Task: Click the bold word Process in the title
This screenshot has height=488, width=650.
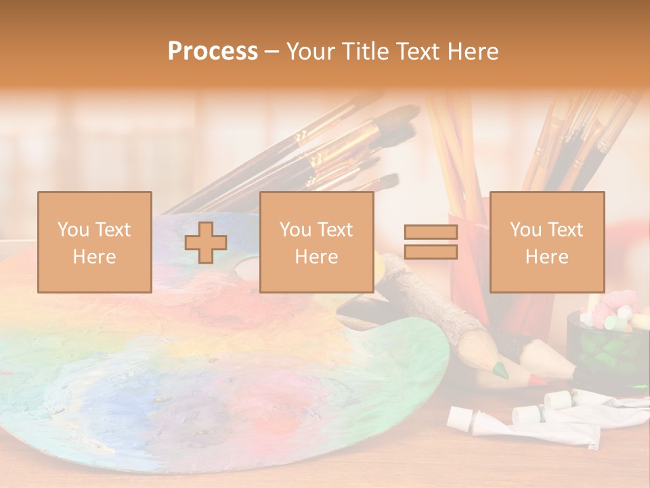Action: point(213,52)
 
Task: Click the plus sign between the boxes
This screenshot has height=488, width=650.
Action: point(206,242)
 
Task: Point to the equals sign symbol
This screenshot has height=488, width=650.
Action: point(431,242)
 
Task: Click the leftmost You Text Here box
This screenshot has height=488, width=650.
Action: point(95,242)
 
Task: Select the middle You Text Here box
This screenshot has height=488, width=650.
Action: point(316,242)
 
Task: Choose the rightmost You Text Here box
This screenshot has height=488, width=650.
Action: point(547,242)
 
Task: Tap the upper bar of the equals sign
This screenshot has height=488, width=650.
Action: point(431,232)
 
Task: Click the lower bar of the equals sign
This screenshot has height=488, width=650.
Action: point(431,252)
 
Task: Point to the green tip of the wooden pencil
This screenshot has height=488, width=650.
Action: point(501,369)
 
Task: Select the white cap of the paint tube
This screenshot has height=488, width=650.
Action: point(458,419)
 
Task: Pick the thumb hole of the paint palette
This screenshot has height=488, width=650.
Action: point(248,270)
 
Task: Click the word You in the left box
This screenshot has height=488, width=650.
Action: point(74,230)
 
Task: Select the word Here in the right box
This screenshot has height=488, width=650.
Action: point(547,257)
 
